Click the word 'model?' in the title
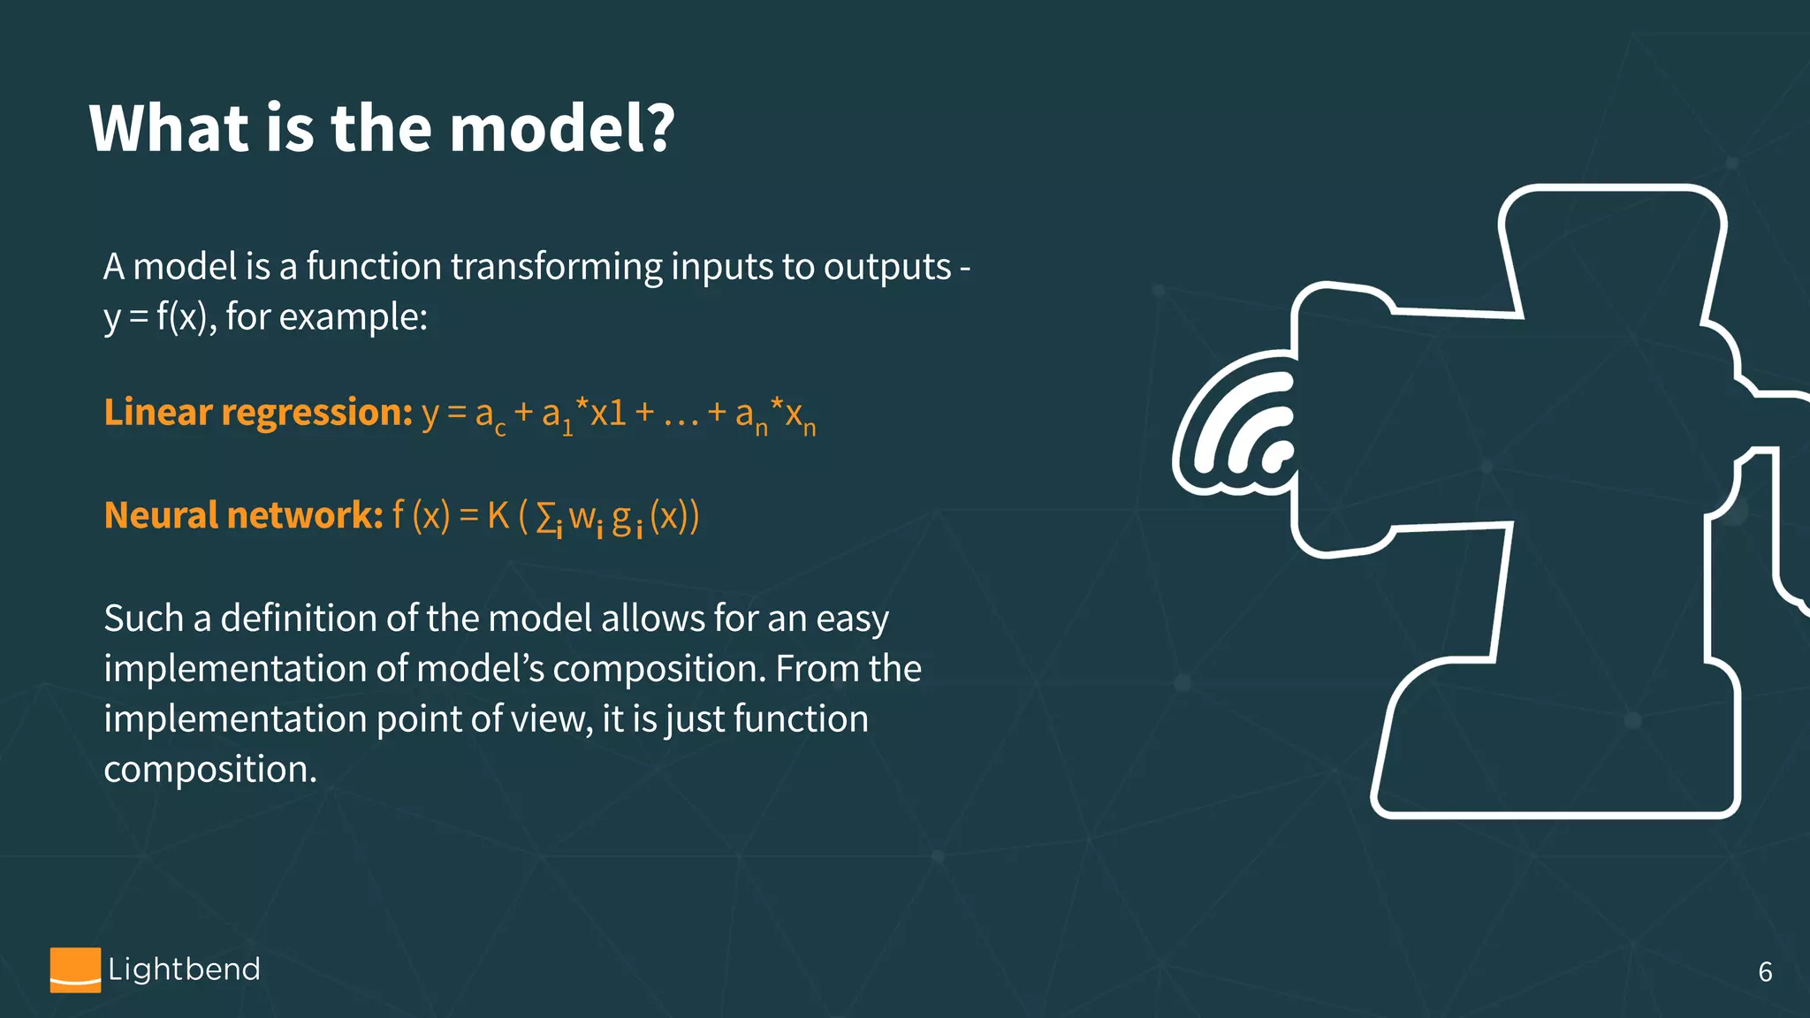(x=562, y=128)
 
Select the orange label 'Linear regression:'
(x=258, y=412)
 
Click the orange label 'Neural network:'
(x=243, y=515)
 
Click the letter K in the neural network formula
(x=498, y=515)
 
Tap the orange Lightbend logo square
(x=75, y=969)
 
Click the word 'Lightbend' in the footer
(x=184, y=969)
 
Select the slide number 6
(x=1765, y=972)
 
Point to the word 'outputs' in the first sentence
(x=887, y=267)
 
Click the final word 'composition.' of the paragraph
(x=210, y=770)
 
